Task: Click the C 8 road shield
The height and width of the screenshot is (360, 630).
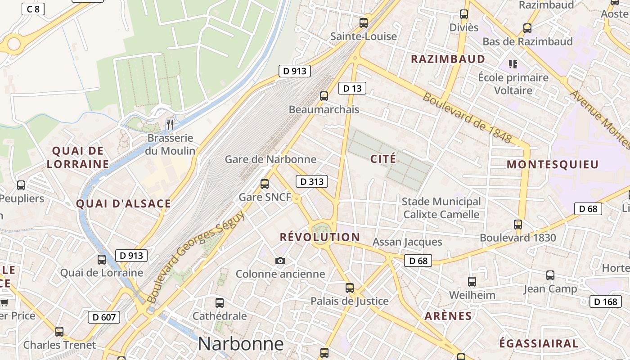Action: pyautogui.click(x=33, y=9)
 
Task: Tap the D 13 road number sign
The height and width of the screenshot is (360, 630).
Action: pyautogui.click(x=352, y=88)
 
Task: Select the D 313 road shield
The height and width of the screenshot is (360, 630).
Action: pyautogui.click(x=311, y=182)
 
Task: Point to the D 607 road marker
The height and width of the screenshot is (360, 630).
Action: pyautogui.click(x=104, y=317)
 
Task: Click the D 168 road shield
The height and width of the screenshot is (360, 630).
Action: pyautogui.click(x=605, y=301)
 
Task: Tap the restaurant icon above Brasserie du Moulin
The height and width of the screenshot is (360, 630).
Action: pyautogui.click(x=170, y=125)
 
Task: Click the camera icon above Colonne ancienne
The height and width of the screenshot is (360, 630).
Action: pyautogui.click(x=280, y=261)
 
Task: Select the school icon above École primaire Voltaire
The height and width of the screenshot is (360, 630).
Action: pyautogui.click(x=513, y=64)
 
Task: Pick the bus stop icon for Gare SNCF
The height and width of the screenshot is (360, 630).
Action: pyautogui.click(x=265, y=184)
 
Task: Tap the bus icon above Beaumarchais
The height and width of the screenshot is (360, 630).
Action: pyautogui.click(x=324, y=96)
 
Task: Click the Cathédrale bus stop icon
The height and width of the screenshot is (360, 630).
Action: pyautogui.click(x=220, y=303)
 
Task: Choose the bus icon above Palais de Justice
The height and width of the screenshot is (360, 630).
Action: pyautogui.click(x=350, y=288)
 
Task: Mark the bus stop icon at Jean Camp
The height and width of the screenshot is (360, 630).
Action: pyautogui.click(x=550, y=275)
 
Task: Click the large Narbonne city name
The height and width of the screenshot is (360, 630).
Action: pyautogui.click(x=241, y=344)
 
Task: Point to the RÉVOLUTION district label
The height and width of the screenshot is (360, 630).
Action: pyautogui.click(x=319, y=237)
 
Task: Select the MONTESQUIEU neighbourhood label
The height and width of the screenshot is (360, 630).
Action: pyautogui.click(x=553, y=164)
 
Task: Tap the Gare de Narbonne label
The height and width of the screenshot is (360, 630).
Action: pyautogui.click(x=270, y=159)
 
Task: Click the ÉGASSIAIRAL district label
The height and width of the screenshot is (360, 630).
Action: pyautogui.click(x=538, y=343)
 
